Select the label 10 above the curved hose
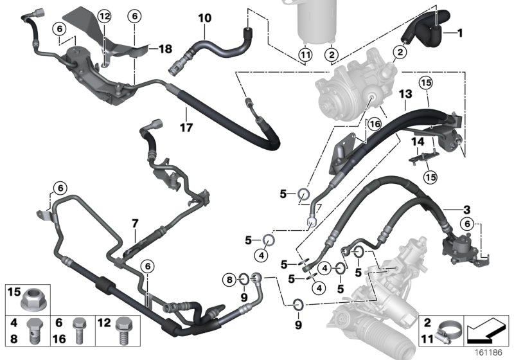(204, 19)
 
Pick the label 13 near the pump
(405, 94)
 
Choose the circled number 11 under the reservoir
(305, 54)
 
